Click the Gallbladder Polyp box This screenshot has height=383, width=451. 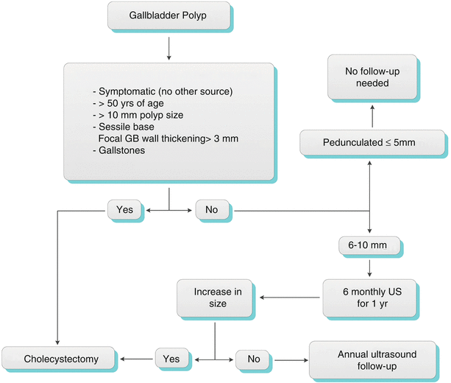point(168,15)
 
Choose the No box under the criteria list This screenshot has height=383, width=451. point(211,210)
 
